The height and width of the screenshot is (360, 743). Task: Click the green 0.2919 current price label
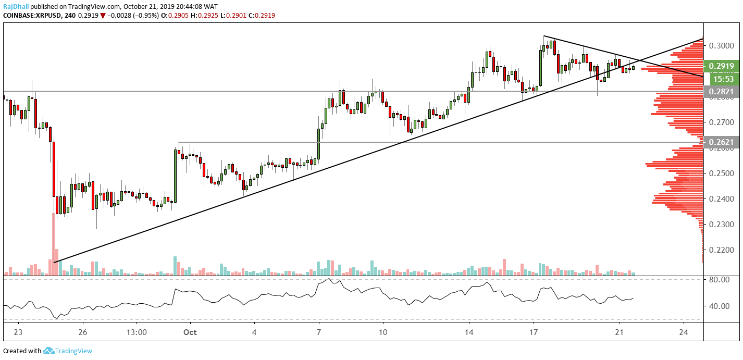click(x=721, y=66)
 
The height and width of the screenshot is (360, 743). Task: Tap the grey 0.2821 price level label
click(x=721, y=92)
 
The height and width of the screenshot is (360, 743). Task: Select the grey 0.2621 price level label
click(x=721, y=142)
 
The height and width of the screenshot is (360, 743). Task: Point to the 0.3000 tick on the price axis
click(x=721, y=45)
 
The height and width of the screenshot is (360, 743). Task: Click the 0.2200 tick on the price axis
click(x=721, y=250)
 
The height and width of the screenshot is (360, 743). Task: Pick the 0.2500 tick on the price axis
click(x=721, y=173)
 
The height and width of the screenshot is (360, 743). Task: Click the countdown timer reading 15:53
click(x=723, y=79)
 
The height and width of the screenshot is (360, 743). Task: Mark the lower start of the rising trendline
click(x=54, y=262)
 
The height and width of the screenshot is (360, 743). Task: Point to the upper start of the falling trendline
click(x=543, y=36)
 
